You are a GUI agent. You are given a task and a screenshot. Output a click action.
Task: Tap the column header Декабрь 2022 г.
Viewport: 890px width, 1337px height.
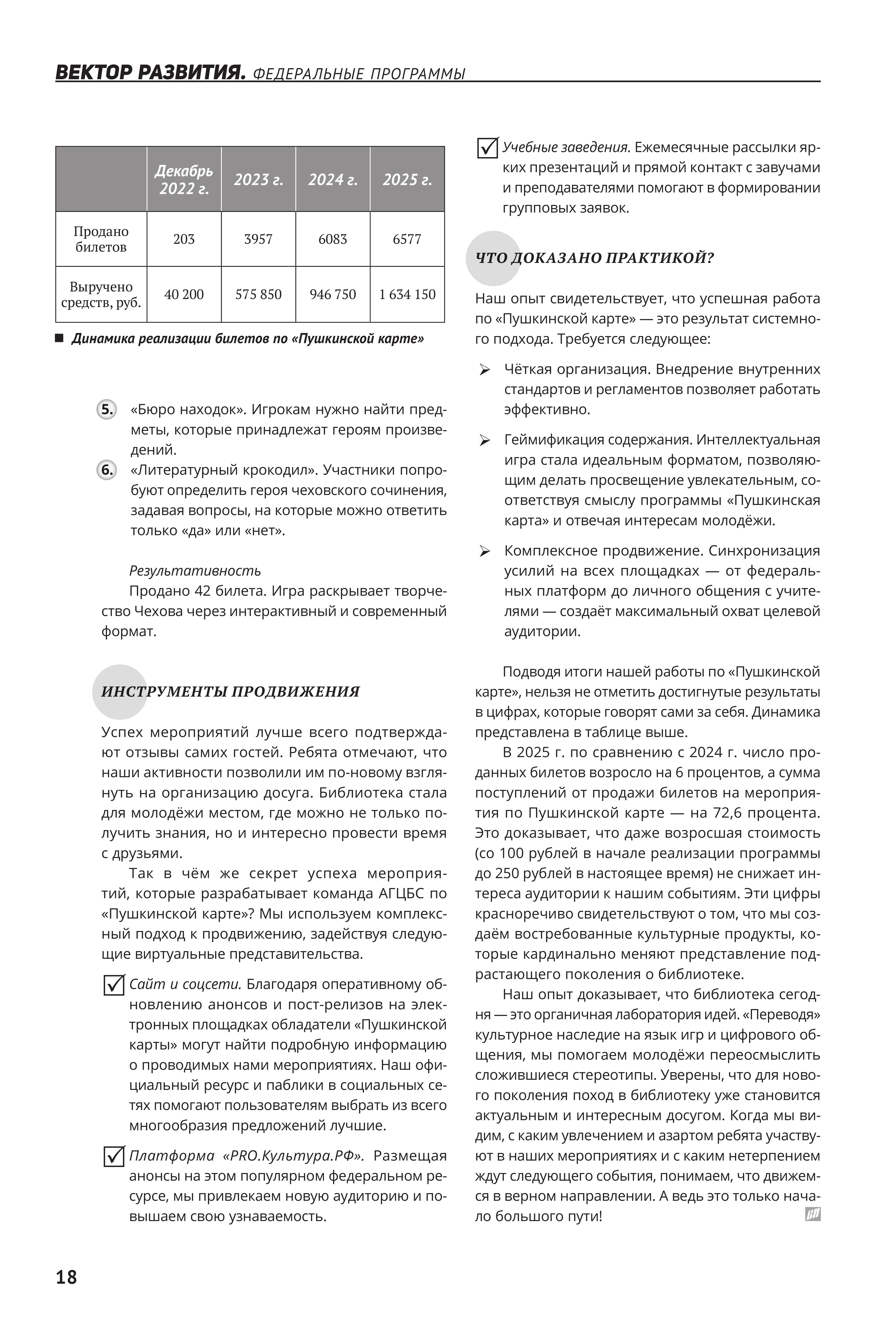click(x=184, y=179)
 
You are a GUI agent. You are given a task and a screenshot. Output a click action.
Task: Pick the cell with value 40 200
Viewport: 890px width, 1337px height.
click(x=184, y=295)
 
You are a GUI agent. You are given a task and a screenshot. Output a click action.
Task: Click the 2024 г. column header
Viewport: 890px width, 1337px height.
click(x=333, y=179)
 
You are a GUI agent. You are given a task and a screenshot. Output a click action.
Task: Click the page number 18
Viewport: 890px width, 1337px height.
click(x=66, y=1277)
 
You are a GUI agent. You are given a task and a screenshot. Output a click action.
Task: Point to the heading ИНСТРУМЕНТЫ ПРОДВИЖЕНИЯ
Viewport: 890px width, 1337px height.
click(x=230, y=692)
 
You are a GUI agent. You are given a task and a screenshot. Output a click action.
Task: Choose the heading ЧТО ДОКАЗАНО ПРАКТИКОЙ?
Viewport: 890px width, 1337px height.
click(x=594, y=258)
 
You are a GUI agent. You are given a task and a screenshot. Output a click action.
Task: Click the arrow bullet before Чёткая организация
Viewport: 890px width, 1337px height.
click(x=485, y=370)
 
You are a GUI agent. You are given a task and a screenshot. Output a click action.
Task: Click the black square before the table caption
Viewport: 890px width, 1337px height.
click(x=59, y=339)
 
